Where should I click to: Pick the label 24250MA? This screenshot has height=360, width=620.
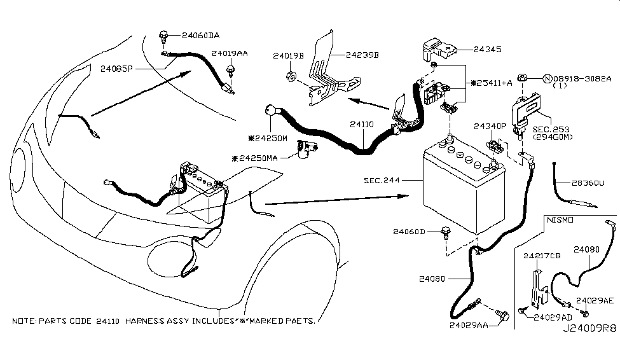(256, 158)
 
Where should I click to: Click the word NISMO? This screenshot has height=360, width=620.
(560, 219)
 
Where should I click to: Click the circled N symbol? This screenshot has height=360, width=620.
(546, 80)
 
